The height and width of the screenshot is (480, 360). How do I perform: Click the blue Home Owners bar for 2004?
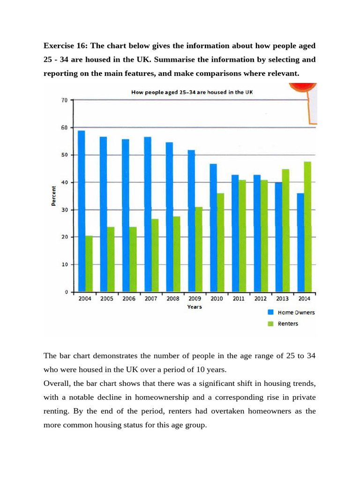(81, 211)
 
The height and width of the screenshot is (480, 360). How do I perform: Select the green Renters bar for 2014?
(307, 227)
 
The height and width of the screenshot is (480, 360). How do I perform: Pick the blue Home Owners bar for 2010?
(213, 228)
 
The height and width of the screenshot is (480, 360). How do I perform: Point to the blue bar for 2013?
(279, 237)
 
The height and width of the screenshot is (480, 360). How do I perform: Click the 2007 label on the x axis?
(151, 299)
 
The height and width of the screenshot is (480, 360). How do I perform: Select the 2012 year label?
(260, 299)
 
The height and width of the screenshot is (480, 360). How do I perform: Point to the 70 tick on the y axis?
(64, 100)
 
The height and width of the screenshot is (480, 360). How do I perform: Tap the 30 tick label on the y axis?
(64, 210)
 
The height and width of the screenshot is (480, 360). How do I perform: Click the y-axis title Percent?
(53, 196)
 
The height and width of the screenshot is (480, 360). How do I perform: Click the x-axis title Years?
(194, 307)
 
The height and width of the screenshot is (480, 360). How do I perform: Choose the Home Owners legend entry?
(296, 313)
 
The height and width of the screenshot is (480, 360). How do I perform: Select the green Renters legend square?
(270, 323)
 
